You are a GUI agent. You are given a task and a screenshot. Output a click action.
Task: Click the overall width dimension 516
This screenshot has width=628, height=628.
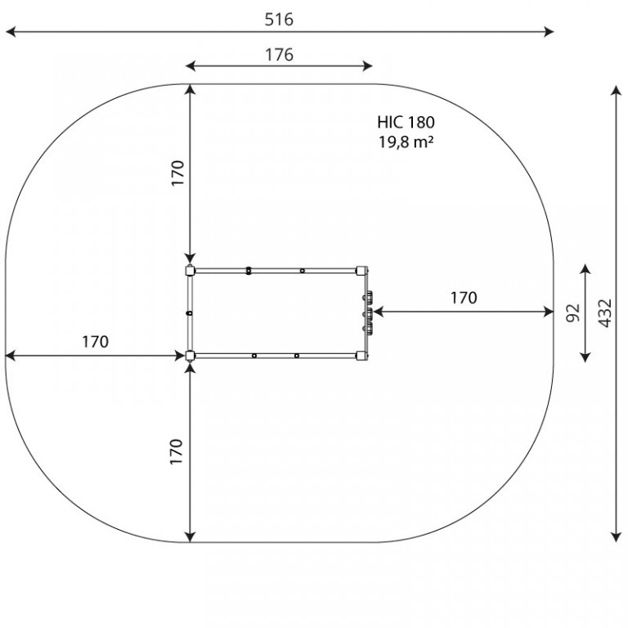(279, 20)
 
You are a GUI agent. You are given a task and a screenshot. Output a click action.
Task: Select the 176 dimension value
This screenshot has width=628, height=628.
(279, 55)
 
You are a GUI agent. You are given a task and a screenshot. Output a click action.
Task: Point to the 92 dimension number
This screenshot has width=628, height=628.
(573, 313)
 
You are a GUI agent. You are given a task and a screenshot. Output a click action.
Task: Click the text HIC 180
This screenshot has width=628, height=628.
(406, 122)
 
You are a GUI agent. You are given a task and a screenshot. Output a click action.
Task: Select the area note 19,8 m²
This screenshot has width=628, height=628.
(406, 141)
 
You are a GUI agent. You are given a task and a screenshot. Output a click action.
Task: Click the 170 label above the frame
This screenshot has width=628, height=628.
(177, 173)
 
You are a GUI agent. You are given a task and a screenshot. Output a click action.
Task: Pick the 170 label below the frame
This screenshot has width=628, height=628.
(177, 451)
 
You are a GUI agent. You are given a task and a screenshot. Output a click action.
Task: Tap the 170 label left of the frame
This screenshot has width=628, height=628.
(96, 342)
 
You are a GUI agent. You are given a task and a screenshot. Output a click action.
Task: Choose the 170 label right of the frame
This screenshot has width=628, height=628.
(464, 298)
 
